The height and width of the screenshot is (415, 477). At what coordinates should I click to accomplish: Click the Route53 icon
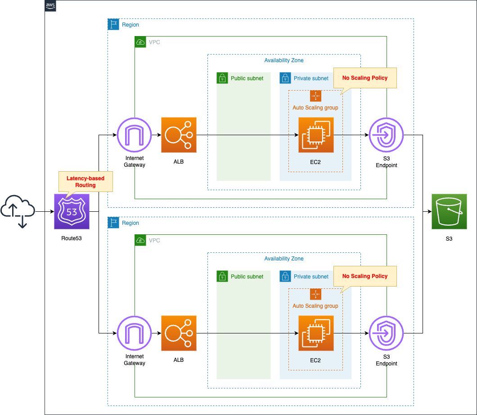pyautogui.click(x=72, y=212)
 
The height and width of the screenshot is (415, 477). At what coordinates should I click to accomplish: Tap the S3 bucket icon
pyautogui.click(x=449, y=212)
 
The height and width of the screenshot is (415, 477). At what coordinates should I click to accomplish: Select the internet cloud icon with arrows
pyautogui.click(x=18, y=211)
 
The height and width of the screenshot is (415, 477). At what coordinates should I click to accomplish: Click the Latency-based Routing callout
pyautogui.click(x=85, y=182)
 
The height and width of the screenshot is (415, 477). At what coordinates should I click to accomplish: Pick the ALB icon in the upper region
pyautogui.click(x=179, y=135)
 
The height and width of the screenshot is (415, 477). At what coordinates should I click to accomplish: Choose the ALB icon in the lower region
pyautogui.click(x=179, y=333)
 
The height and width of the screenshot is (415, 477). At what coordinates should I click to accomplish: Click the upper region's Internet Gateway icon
pyautogui.click(x=135, y=135)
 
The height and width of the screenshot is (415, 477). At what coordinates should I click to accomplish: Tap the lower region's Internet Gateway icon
pyautogui.click(x=135, y=333)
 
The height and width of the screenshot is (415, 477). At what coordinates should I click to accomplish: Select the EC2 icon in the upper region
pyautogui.click(x=316, y=135)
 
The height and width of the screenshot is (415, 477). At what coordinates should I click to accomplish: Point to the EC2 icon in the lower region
pyautogui.click(x=316, y=333)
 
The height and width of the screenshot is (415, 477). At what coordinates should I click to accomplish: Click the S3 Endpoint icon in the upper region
pyautogui.click(x=386, y=135)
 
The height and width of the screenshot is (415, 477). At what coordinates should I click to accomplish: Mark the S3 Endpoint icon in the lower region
pyautogui.click(x=386, y=333)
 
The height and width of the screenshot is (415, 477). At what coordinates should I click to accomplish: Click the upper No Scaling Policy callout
pyautogui.click(x=365, y=78)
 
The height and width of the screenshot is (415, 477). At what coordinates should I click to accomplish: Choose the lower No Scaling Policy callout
pyautogui.click(x=365, y=276)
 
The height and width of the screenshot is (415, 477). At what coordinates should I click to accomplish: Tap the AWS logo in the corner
pyautogui.click(x=50, y=6)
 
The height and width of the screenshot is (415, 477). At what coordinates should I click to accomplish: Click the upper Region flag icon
pyautogui.click(x=113, y=24)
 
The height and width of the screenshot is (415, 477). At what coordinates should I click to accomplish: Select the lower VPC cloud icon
pyautogui.click(x=140, y=240)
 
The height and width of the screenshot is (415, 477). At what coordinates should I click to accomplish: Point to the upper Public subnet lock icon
pyautogui.click(x=222, y=78)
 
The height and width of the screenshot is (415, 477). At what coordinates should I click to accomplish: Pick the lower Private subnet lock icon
pyautogui.click(x=285, y=276)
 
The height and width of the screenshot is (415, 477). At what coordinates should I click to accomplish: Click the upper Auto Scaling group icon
pyautogui.click(x=315, y=96)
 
